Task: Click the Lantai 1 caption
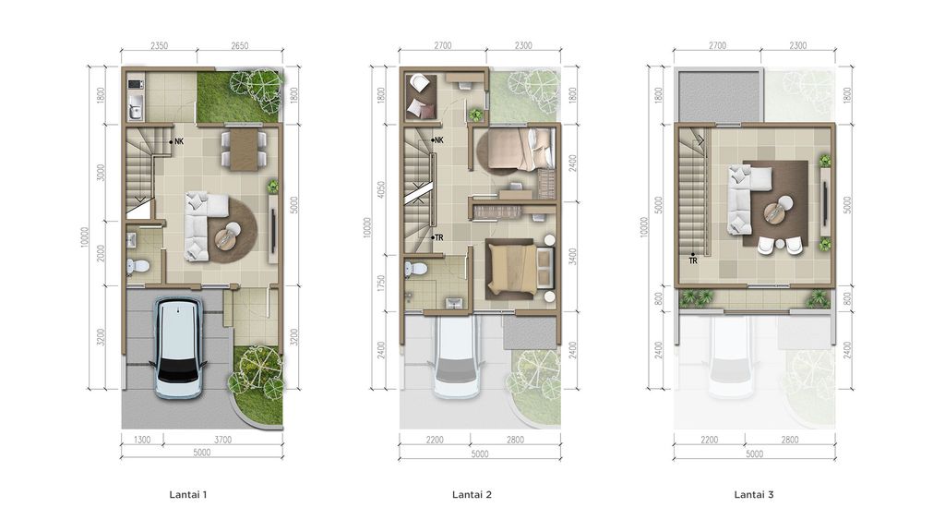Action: tap(188, 495)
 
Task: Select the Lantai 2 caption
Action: tap(472, 495)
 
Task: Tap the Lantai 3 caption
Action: tap(754, 495)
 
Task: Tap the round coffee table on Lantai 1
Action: tap(227, 238)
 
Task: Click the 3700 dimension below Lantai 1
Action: tap(222, 441)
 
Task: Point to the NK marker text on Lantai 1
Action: tap(180, 141)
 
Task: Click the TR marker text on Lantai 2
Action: tap(439, 237)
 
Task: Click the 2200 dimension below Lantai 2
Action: tap(437, 441)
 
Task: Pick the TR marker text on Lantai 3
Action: tap(692, 260)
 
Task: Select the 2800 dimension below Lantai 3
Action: tap(789, 441)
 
